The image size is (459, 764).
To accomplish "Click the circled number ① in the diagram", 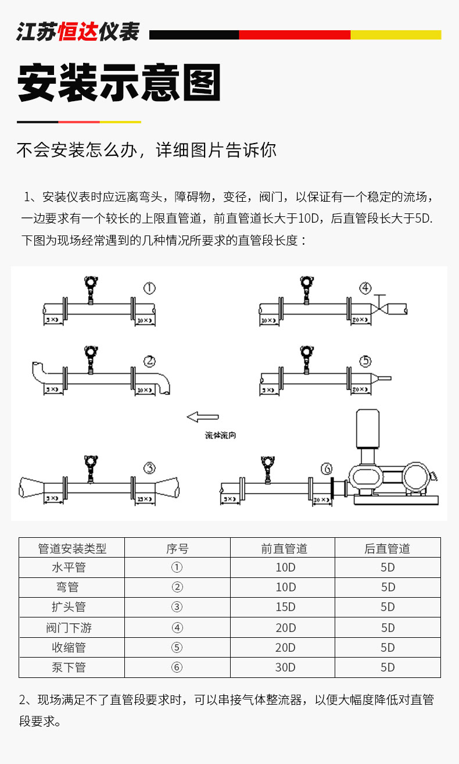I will [149, 288].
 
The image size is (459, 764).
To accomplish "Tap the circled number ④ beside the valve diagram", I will [365, 288].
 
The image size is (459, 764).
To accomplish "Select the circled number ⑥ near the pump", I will [327, 469].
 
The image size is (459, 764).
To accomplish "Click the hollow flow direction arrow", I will [202, 416].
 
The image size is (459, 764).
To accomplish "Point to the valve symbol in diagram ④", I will [379, 306].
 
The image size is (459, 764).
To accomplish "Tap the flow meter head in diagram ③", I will [90, 463].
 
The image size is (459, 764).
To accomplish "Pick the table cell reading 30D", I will [285, 667].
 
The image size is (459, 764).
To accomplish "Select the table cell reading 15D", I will [285, 607].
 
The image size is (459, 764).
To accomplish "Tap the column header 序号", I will [177, 548].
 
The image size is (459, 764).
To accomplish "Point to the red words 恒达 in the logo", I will [77, 32].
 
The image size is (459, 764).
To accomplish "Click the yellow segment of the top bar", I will [395, 35].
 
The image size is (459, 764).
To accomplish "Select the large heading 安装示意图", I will [120, 83].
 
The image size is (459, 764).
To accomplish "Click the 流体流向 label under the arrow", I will [220, 435].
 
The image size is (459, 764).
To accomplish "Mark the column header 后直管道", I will [387, 548].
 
